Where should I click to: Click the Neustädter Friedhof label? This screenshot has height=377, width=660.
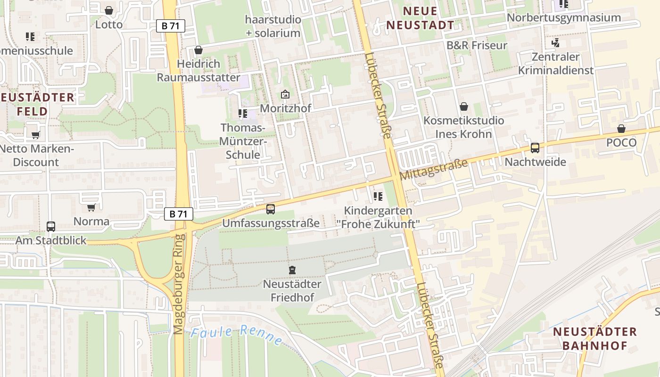tap(292, 291)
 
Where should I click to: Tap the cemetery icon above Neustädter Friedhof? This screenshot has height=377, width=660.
tap(292, 270)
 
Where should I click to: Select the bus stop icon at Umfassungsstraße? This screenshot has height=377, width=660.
tap(271, 209)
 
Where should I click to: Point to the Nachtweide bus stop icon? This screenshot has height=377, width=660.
tap(535, 148)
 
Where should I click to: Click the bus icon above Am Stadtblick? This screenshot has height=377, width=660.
tap(51, 226)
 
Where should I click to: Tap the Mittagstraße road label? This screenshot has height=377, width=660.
tap(434, 169)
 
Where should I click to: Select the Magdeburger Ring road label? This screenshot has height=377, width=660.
tap(178, 284)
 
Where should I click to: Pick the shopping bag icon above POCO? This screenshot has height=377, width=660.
tap(621, 129)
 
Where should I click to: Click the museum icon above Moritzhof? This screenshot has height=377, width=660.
tap(285, 94)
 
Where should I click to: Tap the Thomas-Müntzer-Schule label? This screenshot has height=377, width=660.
tap(243, 141)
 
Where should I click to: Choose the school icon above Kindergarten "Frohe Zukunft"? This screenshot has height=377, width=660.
tap(378, 196)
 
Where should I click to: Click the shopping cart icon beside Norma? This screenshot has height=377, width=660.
tap(91, 207)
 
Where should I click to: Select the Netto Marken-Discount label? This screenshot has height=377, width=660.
tap(36, 156)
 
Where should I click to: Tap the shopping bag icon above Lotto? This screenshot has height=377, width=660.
tap(109, 10)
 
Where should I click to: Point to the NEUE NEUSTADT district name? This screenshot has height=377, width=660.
tap(421, 18)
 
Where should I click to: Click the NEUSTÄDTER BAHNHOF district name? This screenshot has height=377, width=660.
tap(595, 338)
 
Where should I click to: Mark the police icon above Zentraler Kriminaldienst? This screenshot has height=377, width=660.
tap(555, 43)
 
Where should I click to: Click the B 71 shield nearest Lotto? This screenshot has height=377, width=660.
tap(171, 26)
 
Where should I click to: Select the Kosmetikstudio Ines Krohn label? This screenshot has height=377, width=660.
tap(463, 127)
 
